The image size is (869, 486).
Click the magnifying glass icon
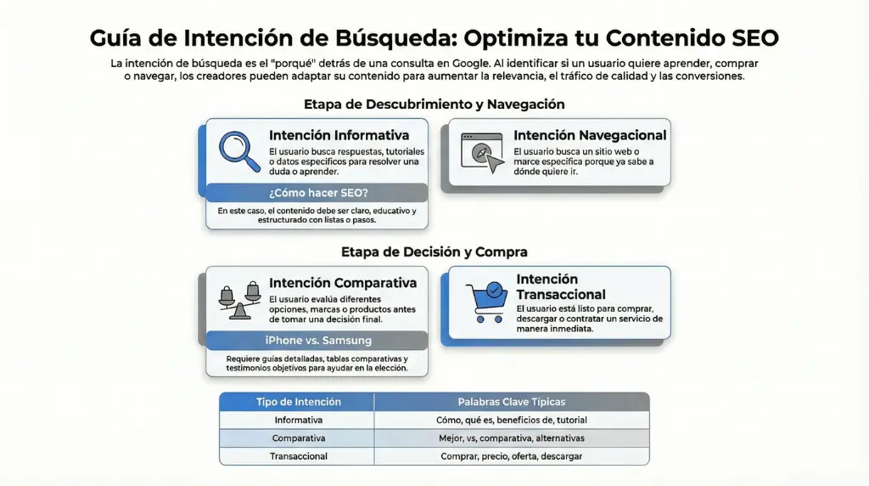238,150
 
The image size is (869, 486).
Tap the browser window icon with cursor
480,154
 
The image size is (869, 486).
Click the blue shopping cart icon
486,300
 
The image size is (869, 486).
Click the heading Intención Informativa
339,135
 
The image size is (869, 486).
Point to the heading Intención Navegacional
590,135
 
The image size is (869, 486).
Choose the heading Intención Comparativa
343,283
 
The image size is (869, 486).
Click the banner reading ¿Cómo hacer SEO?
317,193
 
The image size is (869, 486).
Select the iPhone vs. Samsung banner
317,341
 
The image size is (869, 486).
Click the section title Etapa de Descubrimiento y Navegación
434,104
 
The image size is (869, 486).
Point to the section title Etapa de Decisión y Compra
434,251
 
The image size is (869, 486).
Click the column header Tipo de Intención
299,402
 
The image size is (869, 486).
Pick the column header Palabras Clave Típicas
511,402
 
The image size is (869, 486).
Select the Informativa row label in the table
299,420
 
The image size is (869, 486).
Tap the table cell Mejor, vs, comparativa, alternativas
511,438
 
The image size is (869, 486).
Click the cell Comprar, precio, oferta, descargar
511,456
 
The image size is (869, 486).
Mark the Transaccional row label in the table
299,456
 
